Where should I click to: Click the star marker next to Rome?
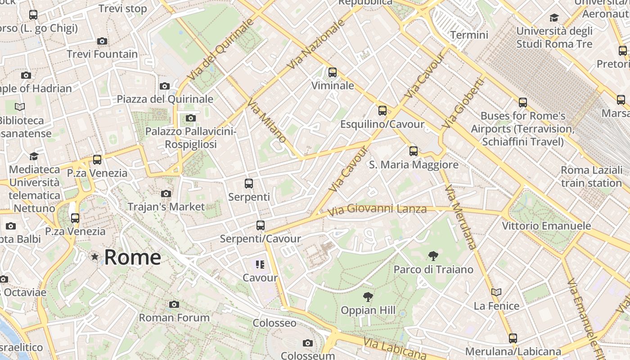(x=94, y=257)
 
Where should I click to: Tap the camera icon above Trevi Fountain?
(x=102, y=41)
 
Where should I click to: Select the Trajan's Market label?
(x=166, y=207)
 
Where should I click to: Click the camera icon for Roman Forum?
(x=174, y=305)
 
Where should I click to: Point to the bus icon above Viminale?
(x=333, y=72)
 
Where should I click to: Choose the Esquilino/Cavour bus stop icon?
(x=382, y=111)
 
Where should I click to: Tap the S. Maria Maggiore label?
(x=414, y=165)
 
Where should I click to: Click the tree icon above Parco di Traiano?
(x=433, y=256)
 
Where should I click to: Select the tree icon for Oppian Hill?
(x=368, y=297)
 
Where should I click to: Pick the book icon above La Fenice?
(x=496, y=292)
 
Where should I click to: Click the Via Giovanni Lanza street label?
(x=377, y=209)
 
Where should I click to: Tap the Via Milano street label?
(x=266, y=120)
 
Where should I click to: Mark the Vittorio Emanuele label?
(x=546, y=225)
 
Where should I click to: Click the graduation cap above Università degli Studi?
(x=554, y=18)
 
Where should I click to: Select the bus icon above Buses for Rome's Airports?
(x=522, y=103)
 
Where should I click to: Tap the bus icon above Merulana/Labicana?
(x=513, y=338)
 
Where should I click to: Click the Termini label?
(x=469, y=35)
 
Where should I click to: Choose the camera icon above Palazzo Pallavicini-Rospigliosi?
(x=191, y=118)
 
